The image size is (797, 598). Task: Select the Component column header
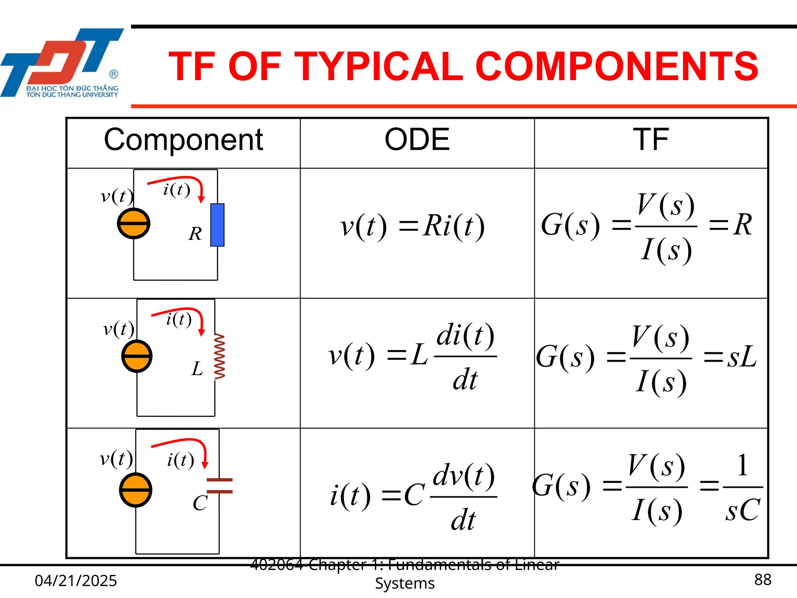pyautogui.click(x=183, y=140)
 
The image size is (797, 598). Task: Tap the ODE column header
pyautogui.click(x=417, y=140)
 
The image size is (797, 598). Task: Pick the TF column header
pyautogui.click(x=651, y=140)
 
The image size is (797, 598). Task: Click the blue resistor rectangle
pyautogui.click(x=217, y=225)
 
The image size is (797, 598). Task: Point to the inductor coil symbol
pyautogui.click(x=219, y=356)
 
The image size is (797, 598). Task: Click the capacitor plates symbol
pyautogui.click(x=219, y=486)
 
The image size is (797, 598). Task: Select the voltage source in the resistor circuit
pyautogui.click(x=133, y=223)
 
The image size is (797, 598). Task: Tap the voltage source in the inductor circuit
pyautogui.click(x=137, y=356)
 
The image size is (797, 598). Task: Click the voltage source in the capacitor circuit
pyautogui.click(x=135, y=490)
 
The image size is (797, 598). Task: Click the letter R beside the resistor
pyautogui.click(x=195, y=234)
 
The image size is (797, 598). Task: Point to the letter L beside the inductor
pyautogui.click(x=197, y=368)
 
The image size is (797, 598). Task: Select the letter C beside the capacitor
pyautogui.click(x=200, y=503)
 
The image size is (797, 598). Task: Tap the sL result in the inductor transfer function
pyautogui.click(x=742, y=357)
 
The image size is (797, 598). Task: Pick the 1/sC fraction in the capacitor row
pyautogui.click(x=743, y=487)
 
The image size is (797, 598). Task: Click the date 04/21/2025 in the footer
pyautogui.click(x=76, y=580)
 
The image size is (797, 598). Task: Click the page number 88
pyautogui.click(x=763, y=580)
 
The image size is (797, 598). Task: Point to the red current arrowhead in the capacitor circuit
pyautogui.click(x=205, y=465)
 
